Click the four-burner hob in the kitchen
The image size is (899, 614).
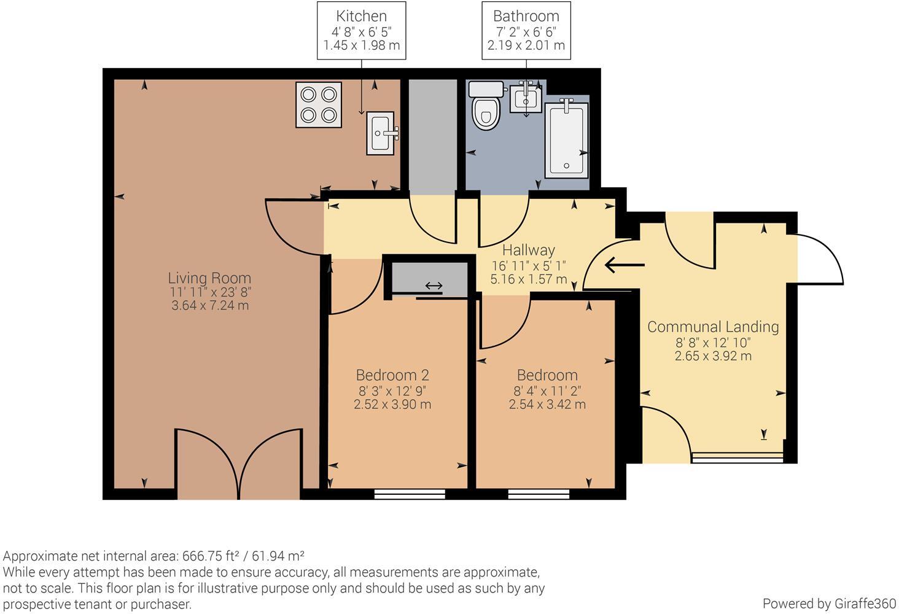[x=319, y=104]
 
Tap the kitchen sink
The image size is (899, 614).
[x=382, y=133]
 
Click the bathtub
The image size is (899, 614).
[x=567, y=139]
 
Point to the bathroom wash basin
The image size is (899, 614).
[x=526, y=98]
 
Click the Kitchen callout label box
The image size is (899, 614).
[x=361, y=31]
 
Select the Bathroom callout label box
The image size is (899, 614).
[x=526, y=31]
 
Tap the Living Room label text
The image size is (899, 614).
[x=210, y=278]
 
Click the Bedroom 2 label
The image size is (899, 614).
[x=392, y=375]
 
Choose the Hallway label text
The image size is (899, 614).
[x=528, y=251]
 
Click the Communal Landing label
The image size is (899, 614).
[x=713, y=327]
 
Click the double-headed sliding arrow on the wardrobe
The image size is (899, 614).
[x=434, y=286]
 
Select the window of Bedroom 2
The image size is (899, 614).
[x=410, y=492]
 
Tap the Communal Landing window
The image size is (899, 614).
[x=737, y=457]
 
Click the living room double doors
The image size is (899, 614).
[x=238, y=464]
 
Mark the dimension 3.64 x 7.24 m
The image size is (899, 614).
[x=210, y=306]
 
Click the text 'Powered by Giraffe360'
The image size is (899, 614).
[x=828, y=603]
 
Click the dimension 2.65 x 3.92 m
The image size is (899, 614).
[x=713, y=356]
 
